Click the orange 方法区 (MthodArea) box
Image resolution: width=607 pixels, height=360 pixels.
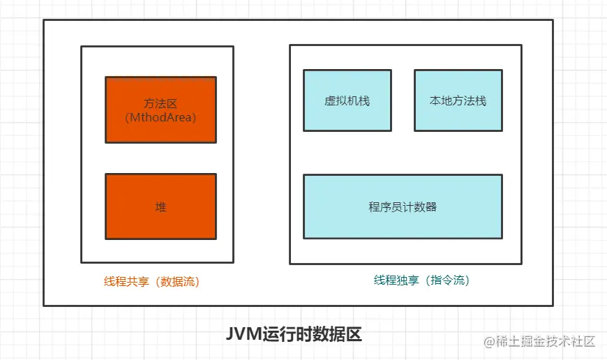(160, 110)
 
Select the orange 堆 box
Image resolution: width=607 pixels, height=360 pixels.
(160, 207)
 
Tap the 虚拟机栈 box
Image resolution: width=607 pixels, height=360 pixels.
(347, 100)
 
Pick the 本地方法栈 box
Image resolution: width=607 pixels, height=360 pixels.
(458, 100)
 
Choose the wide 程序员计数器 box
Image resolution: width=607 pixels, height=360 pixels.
(403, 207)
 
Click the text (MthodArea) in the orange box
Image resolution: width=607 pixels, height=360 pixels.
(160, 117)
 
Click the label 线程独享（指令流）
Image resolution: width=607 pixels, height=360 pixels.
(421, 280)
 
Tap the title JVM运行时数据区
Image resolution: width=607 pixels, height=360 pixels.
(294, 334)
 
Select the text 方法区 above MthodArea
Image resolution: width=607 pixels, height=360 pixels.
(160, 103)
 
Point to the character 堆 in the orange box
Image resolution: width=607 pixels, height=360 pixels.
(160, 207)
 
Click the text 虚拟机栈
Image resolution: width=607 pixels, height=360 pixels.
(347, 100)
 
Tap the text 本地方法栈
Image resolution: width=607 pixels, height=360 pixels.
(458, 100)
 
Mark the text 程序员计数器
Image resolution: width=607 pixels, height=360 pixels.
(403, 207)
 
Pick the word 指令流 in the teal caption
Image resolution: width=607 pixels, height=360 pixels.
(449, 280)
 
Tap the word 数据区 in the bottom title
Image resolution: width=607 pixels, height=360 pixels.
(344, 334)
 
